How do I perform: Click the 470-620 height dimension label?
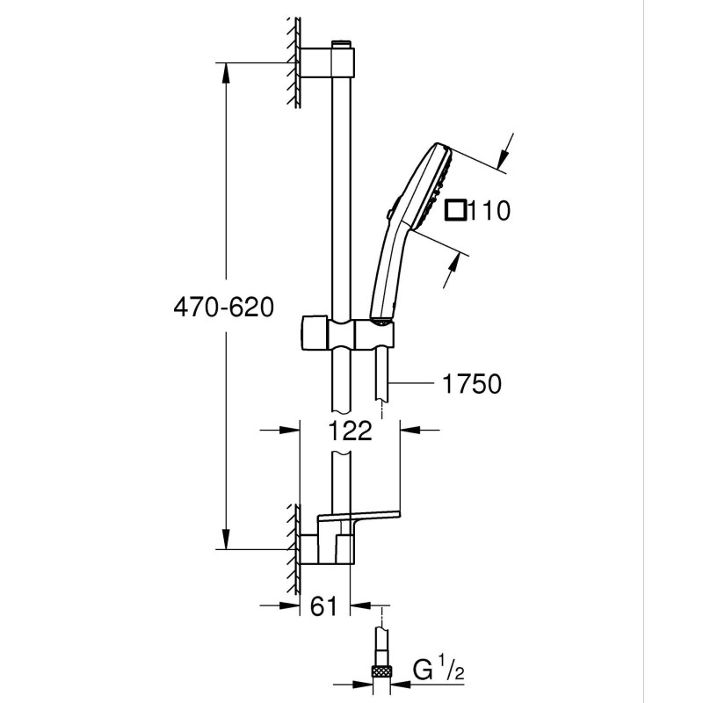223,308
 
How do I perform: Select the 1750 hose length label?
472,384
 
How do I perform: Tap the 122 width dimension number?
350,431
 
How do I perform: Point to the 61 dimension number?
323,606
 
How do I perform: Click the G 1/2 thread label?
438,671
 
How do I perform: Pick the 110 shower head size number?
489,210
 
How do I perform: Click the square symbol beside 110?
455,210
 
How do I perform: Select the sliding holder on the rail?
347,333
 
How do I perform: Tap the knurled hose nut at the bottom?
381,670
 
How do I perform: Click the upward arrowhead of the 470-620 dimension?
226,73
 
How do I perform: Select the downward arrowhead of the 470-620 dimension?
226,538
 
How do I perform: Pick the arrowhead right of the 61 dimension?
360,605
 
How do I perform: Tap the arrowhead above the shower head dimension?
504,158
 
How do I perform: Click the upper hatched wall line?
294,62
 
